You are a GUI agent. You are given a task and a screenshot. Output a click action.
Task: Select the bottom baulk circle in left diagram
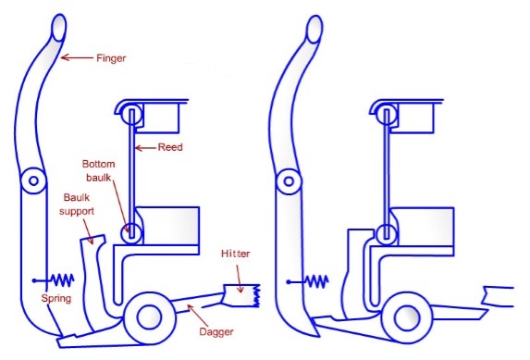click(130, 231)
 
